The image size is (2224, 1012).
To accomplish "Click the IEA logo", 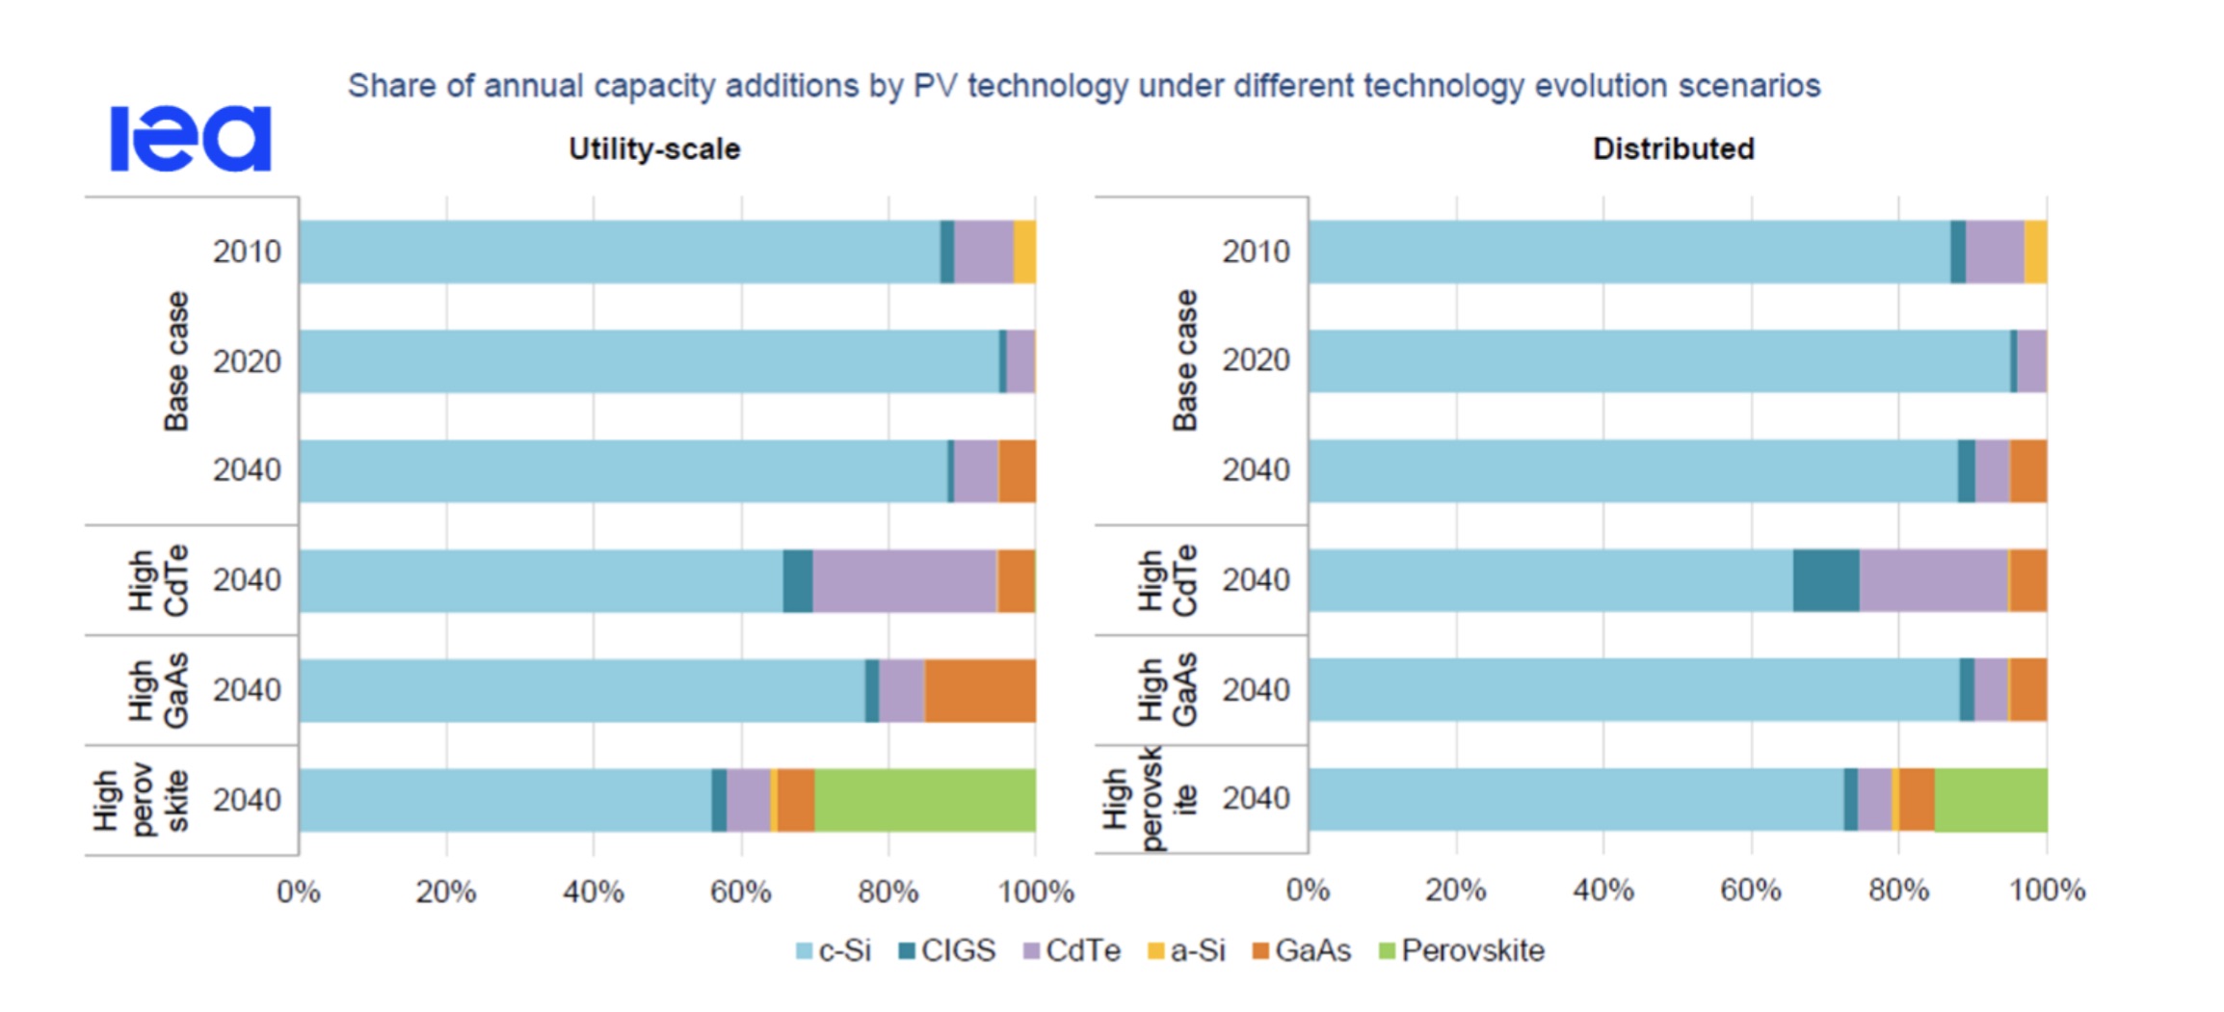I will click(x=191, y=139).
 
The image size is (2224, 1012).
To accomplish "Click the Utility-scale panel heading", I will click(x=654, y=149).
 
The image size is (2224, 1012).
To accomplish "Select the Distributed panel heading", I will click(x=1673, y=149).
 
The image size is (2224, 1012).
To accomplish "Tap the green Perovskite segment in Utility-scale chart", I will click(x=925, y=800).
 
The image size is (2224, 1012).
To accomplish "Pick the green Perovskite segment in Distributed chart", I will click(x=1991, y=800).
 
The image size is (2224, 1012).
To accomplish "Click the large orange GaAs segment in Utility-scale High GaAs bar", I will click(x=980, y=690).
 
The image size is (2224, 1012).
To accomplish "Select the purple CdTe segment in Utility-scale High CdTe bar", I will click(x=904, y=580).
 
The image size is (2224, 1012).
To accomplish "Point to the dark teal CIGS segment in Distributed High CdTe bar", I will click(x=1826, y=580).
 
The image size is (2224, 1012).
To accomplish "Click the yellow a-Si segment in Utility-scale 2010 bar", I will click(x=1024, y=252).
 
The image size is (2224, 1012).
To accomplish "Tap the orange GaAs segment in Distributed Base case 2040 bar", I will click(x=2028, y=470).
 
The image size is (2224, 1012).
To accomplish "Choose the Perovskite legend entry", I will click(x=1462, y=951).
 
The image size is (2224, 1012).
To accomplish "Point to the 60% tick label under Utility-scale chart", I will click(x=740, y=892).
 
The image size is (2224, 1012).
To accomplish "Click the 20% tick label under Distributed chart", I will click(x=1455, y=890).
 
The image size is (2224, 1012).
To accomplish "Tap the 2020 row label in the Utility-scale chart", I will click(x=247, y=361).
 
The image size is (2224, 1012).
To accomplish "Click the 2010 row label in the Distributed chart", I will click(x=1256, y=252).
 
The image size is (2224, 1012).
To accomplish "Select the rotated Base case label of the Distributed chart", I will click(x=1185, y=360).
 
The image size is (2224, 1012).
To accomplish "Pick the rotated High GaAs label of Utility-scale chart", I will click(x=159, y=690).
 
